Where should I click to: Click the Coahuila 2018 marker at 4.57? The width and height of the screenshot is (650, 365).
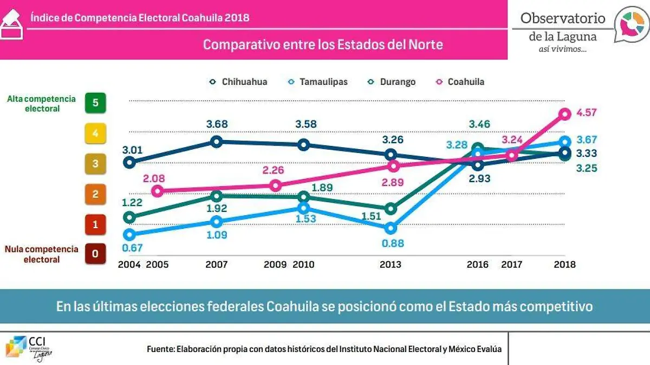565,114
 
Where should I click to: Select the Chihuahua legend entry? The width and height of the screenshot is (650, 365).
238,82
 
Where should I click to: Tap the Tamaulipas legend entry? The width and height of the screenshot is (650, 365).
318,82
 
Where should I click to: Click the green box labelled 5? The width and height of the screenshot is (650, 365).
95,103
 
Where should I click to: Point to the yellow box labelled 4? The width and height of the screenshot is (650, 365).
95,133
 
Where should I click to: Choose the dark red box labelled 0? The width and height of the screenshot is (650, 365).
95,254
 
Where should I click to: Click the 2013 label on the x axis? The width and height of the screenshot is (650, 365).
390,265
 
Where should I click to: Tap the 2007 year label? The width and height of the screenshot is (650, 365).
216,265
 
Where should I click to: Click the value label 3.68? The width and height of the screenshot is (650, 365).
217,124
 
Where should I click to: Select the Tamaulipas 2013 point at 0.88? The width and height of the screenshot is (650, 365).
391,228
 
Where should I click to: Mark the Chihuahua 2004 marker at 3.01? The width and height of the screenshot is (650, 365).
129,162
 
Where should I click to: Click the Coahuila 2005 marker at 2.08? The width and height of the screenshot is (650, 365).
157,191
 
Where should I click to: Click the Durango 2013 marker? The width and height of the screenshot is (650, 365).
391,209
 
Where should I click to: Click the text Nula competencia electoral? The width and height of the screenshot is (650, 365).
42,254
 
